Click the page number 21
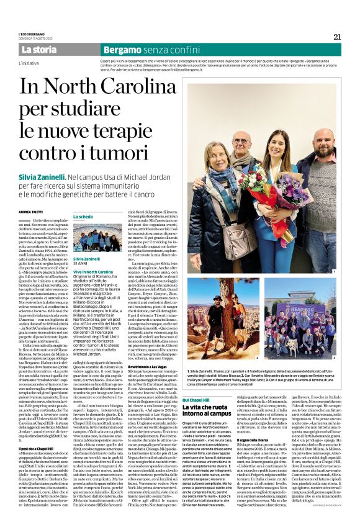pyautogui.click(x=336, y=37)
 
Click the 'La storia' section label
pyautogui.click(x=38, y=50)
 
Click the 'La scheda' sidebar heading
pyautogui.click(x=83, y=217)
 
